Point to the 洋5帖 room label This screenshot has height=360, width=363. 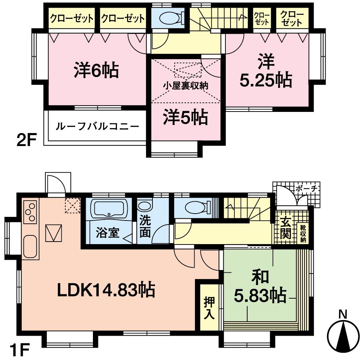coord(185,118)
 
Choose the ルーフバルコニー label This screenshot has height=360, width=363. coord(97,127)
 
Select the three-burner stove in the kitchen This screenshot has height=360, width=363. coord(30,212)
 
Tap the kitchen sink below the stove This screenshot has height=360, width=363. coord(30,247)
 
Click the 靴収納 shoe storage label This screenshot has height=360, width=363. coord(303,234)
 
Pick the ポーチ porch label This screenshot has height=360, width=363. coord(306,189)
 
